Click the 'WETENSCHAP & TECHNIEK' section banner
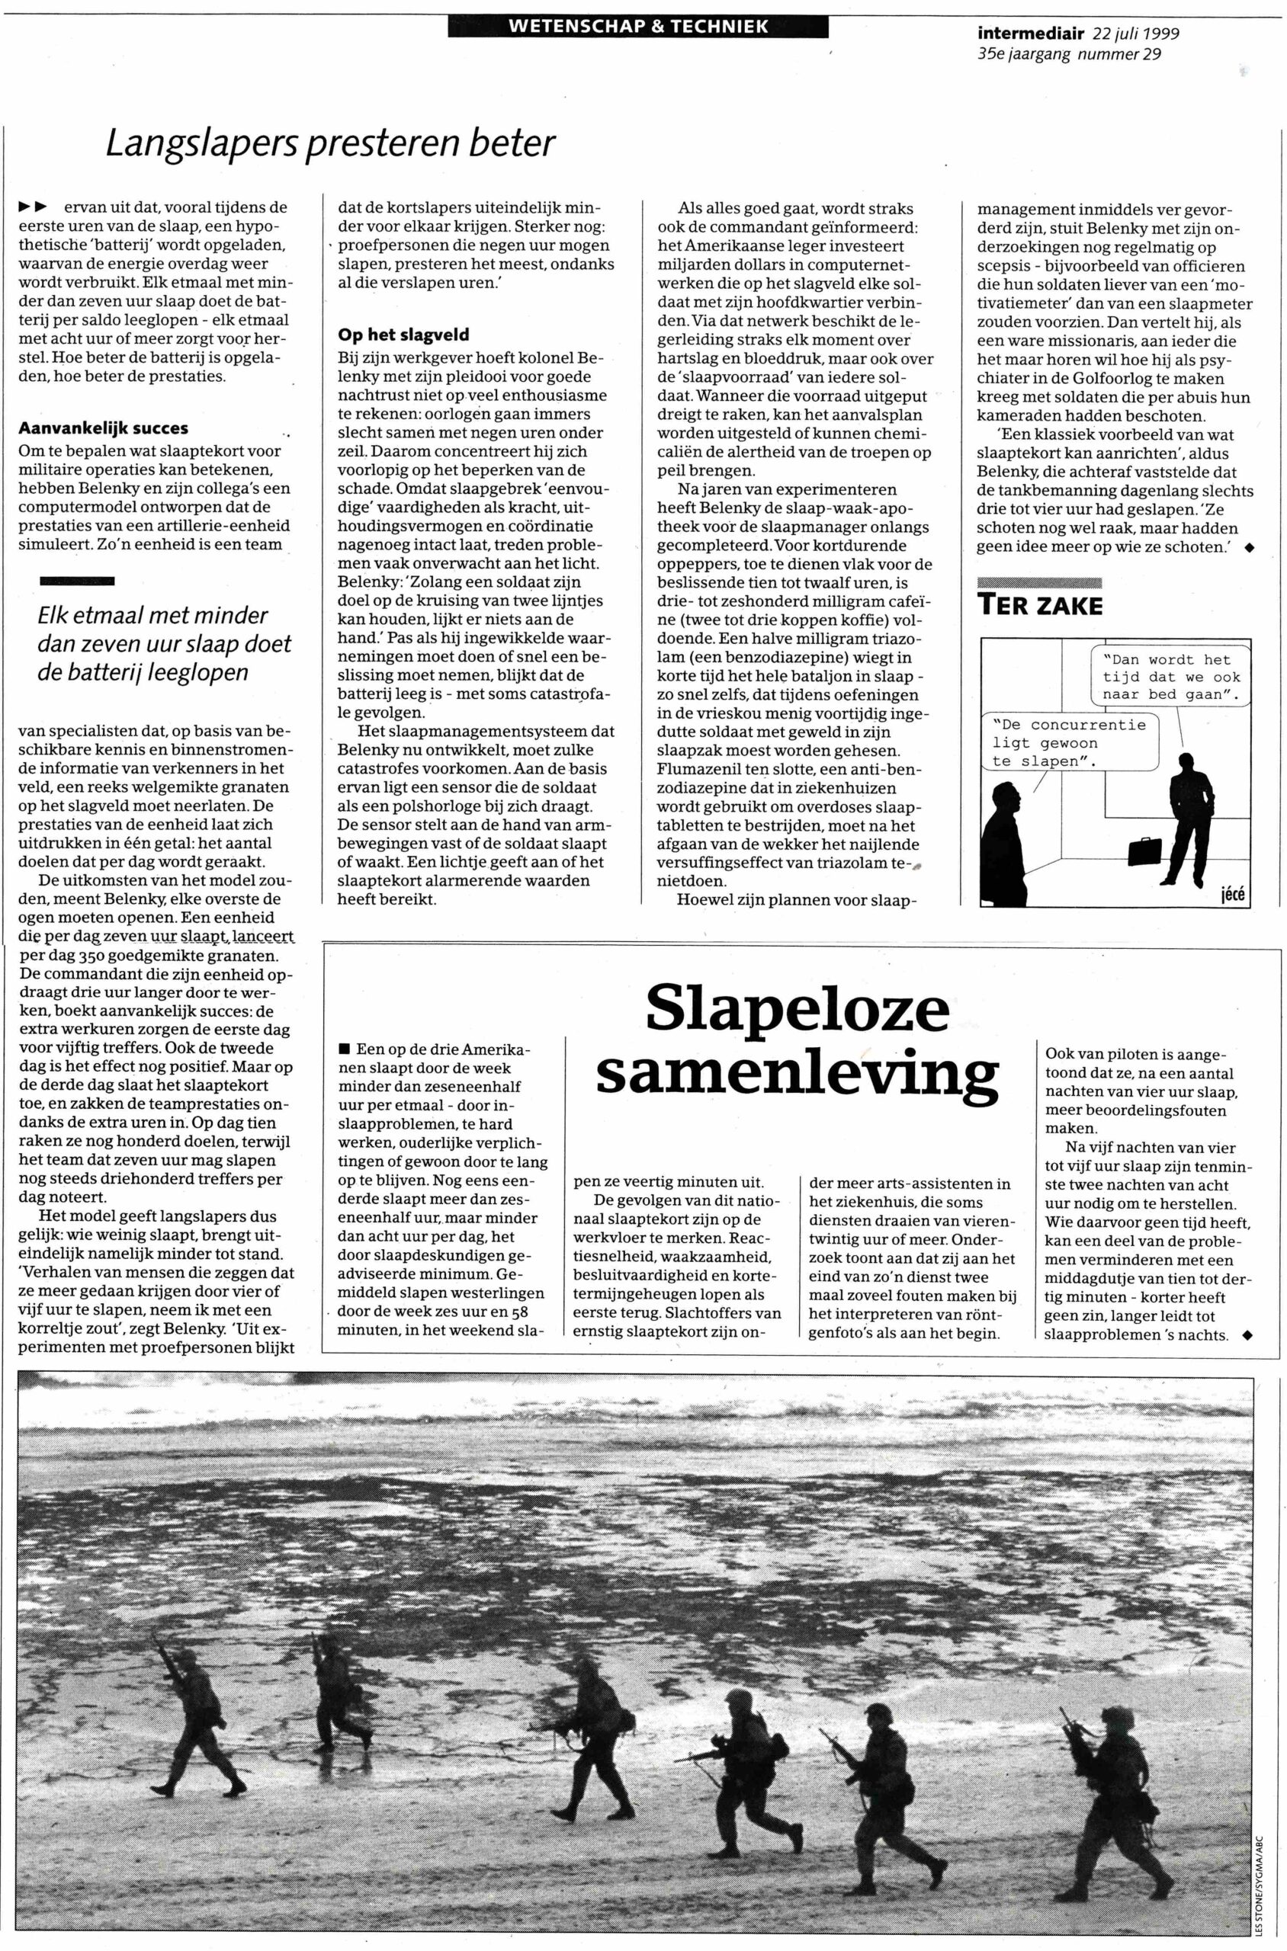637,26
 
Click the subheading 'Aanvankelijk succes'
104,428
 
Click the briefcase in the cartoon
1145,850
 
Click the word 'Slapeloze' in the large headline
797,1011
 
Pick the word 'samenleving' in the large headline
797,1074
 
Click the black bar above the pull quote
77,581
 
